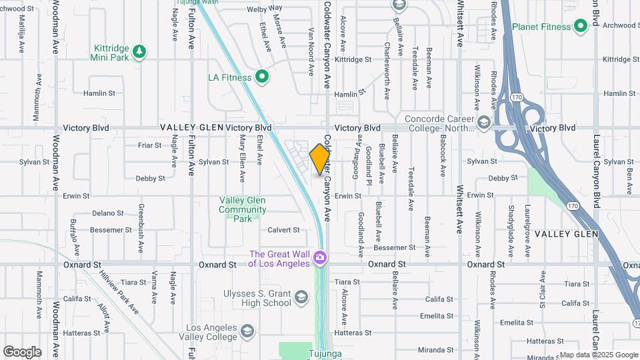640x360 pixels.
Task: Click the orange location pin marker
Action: tap(320, 159)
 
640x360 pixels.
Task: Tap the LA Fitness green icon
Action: tap(263, 77)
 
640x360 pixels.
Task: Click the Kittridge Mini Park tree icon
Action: tap(139, 51)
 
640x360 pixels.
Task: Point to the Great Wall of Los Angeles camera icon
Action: tap(320, 257)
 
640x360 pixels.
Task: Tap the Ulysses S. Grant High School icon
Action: tap(301, 297)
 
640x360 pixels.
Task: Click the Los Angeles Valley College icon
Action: tap(247, 331)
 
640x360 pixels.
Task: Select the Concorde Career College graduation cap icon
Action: tap(483, 123)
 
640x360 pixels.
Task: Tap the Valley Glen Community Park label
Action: tap(242, 209)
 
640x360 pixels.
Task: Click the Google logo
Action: tap(22, 351)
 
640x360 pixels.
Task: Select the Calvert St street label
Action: tap(283, 230)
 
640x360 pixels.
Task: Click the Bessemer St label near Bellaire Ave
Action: tap(394, 247)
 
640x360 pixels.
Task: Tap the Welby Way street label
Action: tap(265, 9)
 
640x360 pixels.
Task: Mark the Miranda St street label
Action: tap(435, 349)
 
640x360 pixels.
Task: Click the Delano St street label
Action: tap(108, 213)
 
